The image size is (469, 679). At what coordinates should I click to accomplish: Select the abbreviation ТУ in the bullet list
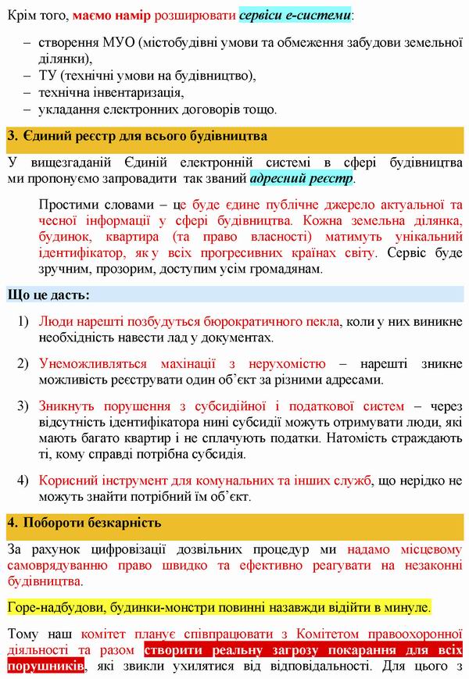(x=46, y=75)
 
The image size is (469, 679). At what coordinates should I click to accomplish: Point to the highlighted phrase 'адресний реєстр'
(x=301, y=178)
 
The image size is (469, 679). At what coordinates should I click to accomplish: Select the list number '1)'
(x=23, y=321)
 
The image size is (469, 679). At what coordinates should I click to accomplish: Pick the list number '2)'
(x=23, y=363)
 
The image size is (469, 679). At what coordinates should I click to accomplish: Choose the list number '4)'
(x=23, y=480)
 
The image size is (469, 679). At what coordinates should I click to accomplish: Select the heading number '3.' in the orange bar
(x=13, y=136)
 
